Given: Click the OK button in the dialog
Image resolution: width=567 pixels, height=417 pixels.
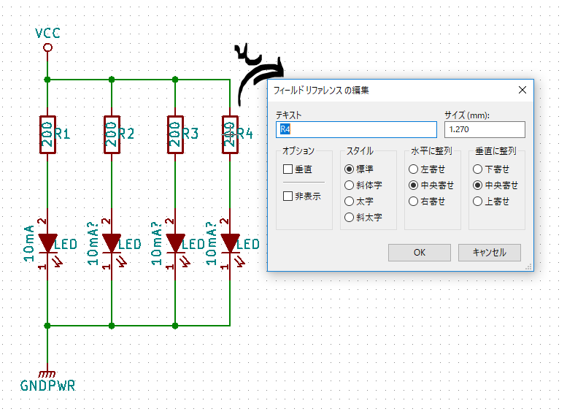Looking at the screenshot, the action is (x=419, y=252).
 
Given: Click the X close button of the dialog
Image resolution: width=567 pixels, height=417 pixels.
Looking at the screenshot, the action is (x=522, y=90).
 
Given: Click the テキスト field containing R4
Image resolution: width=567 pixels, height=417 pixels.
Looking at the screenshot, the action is (x=356, y=129).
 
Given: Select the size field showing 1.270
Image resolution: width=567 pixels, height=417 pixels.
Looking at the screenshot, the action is (x=485, y=129).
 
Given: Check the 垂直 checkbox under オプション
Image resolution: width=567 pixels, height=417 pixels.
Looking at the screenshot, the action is (x=288, y=169).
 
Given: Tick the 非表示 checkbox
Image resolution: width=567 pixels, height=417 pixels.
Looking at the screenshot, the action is (x=288, y=196).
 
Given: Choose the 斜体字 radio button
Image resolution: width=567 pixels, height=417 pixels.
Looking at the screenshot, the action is (x=349, y=185).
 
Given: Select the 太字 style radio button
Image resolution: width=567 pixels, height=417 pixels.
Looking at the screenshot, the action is (x=349, y=202).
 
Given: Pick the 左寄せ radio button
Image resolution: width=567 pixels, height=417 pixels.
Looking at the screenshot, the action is (x=413, y=169).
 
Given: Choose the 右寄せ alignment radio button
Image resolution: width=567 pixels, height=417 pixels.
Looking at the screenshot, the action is (x=413, y=202).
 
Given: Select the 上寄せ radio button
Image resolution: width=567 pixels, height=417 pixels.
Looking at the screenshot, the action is (x=478, y=202).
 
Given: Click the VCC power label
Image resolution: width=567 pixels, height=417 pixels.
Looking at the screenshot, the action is (x=47, y=34).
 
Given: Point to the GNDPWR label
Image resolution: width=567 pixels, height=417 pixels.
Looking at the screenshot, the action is (x=47, y=386).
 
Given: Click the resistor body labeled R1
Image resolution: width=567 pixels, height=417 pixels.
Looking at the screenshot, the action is (x=47, y=134).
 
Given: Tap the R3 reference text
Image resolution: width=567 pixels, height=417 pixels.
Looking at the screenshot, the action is (x=190, y=134).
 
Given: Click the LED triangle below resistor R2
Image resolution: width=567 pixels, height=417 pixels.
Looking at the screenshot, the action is (x=112, y=242).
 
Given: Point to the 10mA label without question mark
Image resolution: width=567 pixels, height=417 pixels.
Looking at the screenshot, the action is (x=29, y=243).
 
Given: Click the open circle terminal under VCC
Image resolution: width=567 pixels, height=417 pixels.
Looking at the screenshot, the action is (x=47, y=47).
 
